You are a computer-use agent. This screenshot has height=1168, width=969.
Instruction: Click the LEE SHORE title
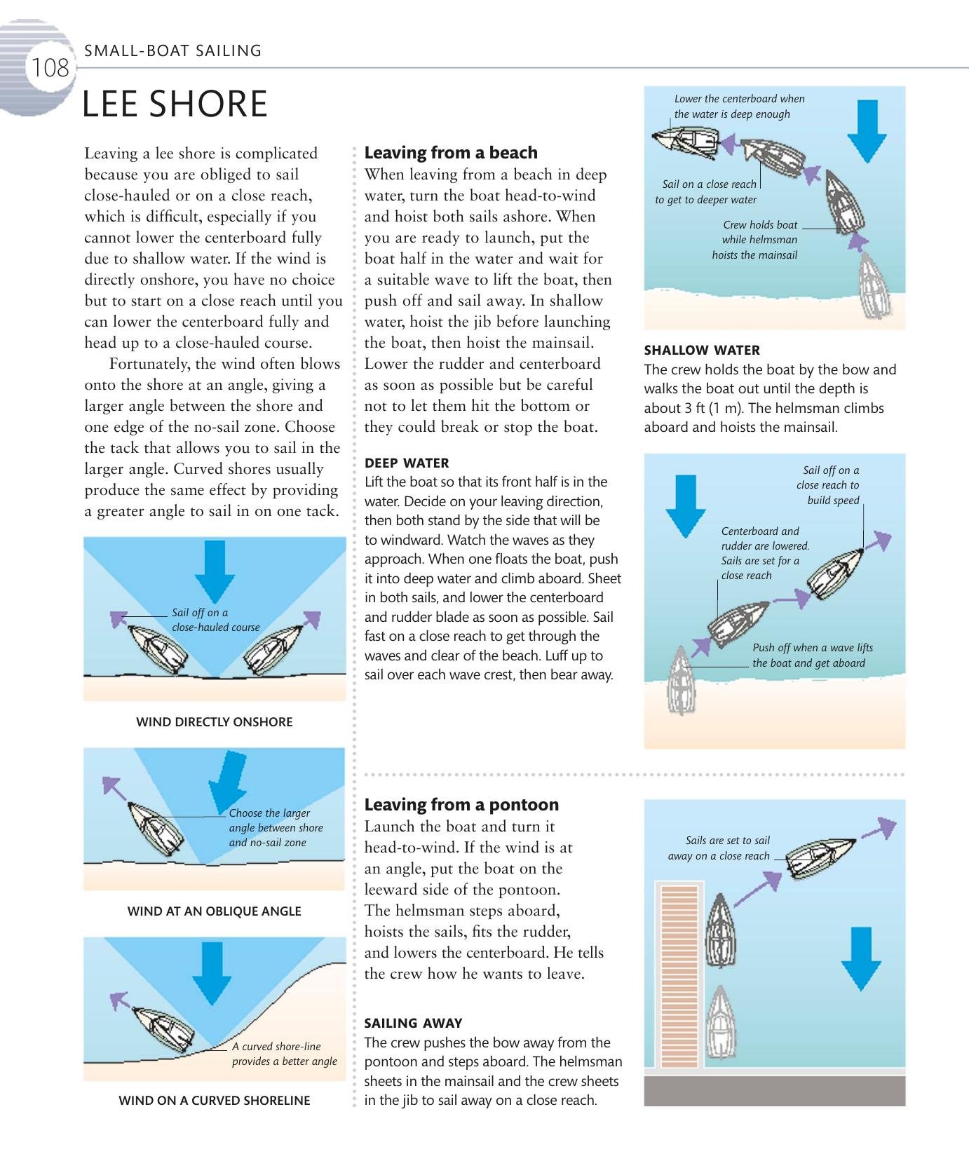[175, 104]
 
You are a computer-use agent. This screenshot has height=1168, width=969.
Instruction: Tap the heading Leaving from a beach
[451, 153]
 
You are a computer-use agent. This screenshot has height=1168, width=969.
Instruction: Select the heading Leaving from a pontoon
[461, 805]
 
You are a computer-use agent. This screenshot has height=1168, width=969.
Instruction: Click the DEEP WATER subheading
[407, 463]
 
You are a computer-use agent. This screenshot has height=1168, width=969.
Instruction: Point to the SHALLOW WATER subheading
[702, 350]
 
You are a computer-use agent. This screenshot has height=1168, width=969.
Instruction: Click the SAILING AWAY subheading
[413, 1023]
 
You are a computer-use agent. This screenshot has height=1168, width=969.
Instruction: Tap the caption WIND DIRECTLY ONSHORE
[214, 722]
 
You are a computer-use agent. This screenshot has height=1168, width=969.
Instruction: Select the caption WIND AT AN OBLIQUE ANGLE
[214, 911]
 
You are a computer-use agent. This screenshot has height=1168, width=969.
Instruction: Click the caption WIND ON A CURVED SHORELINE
[214, 1101]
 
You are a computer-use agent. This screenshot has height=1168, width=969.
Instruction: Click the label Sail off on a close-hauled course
[215, 620]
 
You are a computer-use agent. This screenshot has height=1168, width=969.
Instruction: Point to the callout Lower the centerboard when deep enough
[739, 107]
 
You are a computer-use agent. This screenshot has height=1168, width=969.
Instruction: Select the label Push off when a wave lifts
[812, 656]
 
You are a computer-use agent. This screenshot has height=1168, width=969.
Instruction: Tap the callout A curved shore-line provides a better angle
[284, 1054]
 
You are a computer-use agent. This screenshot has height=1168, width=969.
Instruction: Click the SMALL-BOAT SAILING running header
[172, 50]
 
